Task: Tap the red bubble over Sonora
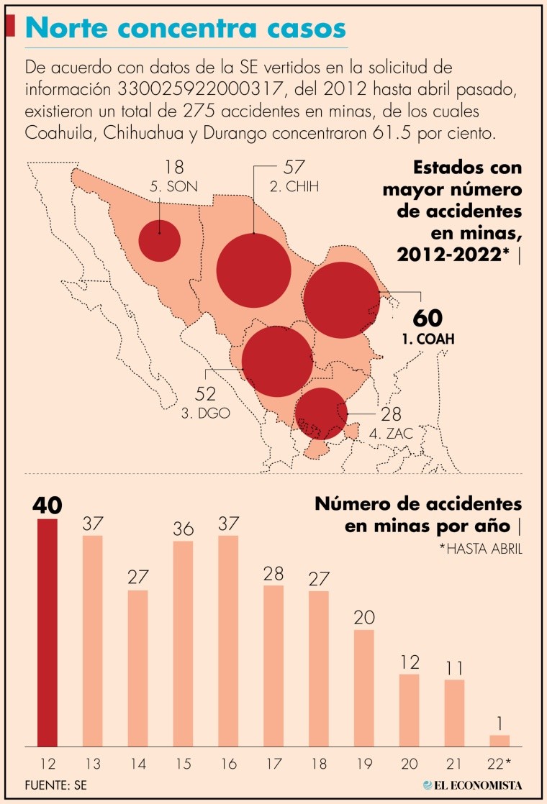159,240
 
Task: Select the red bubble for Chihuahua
253,270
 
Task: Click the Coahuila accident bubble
342,301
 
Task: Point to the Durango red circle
277,361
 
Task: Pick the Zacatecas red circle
321,414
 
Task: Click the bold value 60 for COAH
428,318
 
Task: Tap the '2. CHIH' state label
294,187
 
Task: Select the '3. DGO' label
205,414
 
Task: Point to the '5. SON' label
173,187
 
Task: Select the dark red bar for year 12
47,633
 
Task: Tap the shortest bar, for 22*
499,741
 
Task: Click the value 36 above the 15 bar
183,529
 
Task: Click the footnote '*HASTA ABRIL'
480,549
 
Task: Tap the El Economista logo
472,785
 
